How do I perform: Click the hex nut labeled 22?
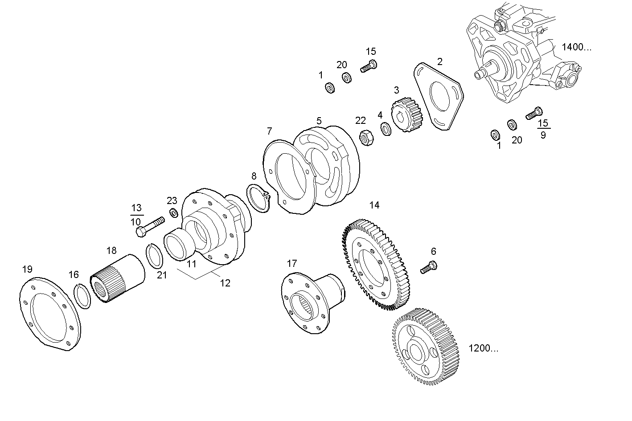366,139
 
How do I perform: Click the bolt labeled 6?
429,267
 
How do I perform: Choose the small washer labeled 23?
173,213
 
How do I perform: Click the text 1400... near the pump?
576,47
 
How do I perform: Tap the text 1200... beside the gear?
484,348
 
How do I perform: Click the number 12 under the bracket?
225,283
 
